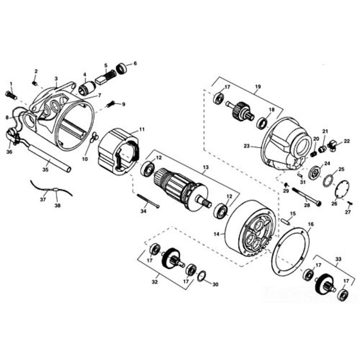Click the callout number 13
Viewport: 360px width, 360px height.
pyautogui.click(x=205, y=168)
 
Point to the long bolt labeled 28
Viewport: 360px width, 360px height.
pyautogui.click(x=305, y=196)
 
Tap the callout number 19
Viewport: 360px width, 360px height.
pyautogui.click(x=257, y=87)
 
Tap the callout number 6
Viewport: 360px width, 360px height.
pyautogui.click(x=135, y=63)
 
